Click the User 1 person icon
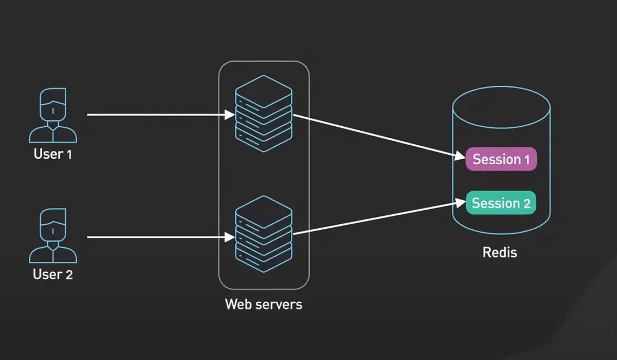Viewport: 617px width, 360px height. pyautogui.click(x=53, y=116)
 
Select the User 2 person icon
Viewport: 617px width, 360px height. pyautogui.click(x=53, y=236)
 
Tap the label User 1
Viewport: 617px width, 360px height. pyautogui.click(x=53, y=154)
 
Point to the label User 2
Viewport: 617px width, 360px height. pyautogui.click(x=53, y=275)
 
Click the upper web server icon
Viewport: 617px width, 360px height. pyautogui.click(x=264, y=114)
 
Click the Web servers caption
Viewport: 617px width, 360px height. pyautogui.click(x=264, y=304)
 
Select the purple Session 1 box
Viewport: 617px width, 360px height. pyautogui.click(x=501, y=159)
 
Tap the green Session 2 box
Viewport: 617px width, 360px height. pyautogui.click(x=501, y=203)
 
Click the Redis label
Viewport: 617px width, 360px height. pyautogui.click(x=500, y=252)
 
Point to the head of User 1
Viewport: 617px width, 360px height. pyautogui.click(x=53, y=104)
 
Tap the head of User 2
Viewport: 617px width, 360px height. pyautogui.click(x=53, y=225)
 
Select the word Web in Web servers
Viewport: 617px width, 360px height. pyautogui.click(x=237, y=304)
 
